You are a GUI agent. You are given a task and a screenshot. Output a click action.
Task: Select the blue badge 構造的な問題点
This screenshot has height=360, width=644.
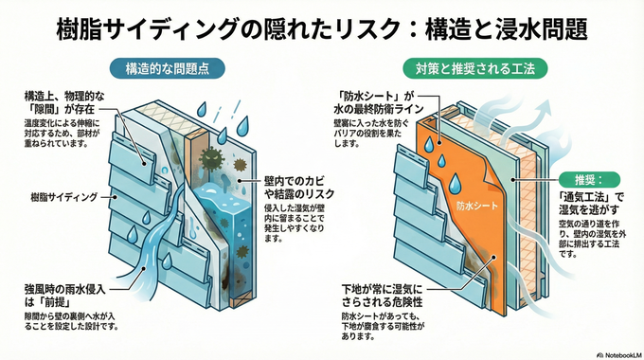[168, 68]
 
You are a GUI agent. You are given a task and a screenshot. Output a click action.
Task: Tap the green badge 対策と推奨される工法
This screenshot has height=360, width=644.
[475, 68]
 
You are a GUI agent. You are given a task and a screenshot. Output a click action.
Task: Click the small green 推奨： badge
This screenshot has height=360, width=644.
[589, 180]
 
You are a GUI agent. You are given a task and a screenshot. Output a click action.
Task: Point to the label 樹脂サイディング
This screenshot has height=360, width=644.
[64, 197]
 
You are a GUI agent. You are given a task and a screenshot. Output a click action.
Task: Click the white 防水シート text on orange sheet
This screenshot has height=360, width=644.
[476, 206]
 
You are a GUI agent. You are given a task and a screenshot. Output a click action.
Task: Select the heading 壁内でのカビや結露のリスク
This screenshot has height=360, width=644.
[298, 187]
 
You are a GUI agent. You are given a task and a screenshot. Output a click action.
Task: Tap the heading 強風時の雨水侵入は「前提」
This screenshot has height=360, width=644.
[65, 296]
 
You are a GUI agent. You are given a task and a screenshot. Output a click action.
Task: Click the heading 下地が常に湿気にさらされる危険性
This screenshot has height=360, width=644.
[382, 296]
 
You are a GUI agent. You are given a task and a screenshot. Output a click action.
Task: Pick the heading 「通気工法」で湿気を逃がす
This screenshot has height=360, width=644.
[591, 204]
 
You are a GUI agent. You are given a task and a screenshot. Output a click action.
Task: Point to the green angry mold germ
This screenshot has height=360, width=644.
[211, 157]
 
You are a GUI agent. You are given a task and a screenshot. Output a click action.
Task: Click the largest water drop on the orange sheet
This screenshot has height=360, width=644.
[454, 183]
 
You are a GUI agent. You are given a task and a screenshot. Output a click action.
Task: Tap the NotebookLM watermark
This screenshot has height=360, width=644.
[619, 354]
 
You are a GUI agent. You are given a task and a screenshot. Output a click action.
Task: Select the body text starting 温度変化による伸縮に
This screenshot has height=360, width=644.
[62, 134]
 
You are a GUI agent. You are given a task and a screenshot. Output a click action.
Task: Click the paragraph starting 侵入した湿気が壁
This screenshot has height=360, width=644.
[295, 224]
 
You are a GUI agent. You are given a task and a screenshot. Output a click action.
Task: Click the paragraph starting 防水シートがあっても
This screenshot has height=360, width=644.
[384, 327]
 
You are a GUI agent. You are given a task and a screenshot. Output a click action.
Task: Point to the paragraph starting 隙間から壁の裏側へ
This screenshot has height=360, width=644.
[71, 322]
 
